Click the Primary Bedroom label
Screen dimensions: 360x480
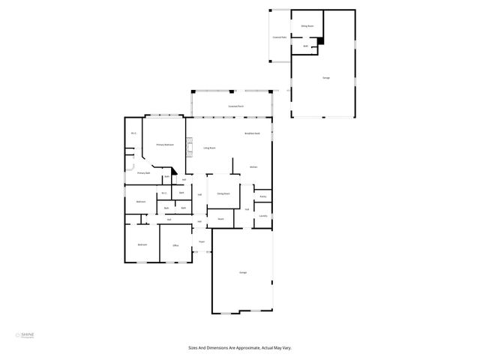click(165, 144)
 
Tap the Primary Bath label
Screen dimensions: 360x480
click(143, 173)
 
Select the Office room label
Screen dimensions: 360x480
click(175, 245)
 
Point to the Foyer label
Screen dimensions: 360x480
click(202, 241)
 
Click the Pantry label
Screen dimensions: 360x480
click(262, 197)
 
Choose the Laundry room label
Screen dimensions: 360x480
click(263, 216)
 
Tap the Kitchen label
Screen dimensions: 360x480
click(254, 166)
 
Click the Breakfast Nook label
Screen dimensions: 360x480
click(253, 133)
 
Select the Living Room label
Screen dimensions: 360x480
click(209, 148)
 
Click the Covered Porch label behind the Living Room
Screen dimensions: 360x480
click(236, 106)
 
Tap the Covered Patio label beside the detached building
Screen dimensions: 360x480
click(280, 36)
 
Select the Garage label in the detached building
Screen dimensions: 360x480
click(325, 78)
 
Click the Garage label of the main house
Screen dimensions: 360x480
click(243, 271)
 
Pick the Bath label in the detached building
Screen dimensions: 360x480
click(306, 46)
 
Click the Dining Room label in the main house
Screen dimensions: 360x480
click(223, 193)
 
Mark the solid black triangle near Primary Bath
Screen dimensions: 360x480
click(174, 171)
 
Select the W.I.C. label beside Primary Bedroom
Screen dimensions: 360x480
click(133, 133)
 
